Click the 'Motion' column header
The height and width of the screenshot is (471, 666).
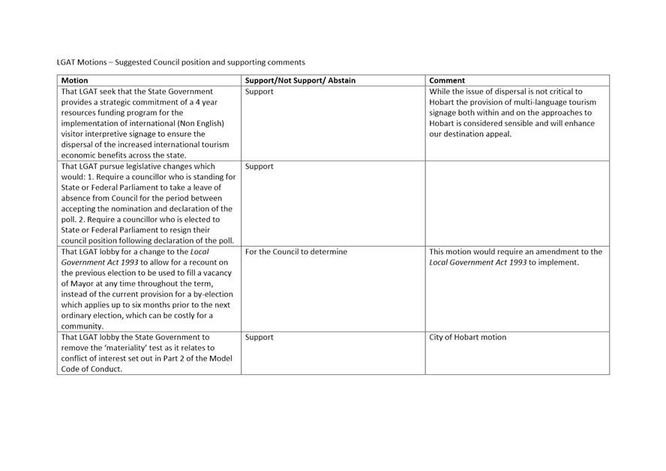coord(74,80)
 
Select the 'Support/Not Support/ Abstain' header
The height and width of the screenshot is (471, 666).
coord(300,80)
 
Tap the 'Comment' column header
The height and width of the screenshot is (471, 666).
coord(447,80)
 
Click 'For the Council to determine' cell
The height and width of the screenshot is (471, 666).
coord(295,252)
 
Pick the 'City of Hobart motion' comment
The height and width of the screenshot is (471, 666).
coord(467,337)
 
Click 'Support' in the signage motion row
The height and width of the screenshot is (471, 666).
coord(259,91)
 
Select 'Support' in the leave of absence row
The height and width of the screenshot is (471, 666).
coord(259,166)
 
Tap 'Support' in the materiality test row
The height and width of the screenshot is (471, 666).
coord(259,337)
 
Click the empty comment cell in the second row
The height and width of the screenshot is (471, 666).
coord(517,202)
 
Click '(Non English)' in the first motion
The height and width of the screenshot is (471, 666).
coord(199,123)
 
